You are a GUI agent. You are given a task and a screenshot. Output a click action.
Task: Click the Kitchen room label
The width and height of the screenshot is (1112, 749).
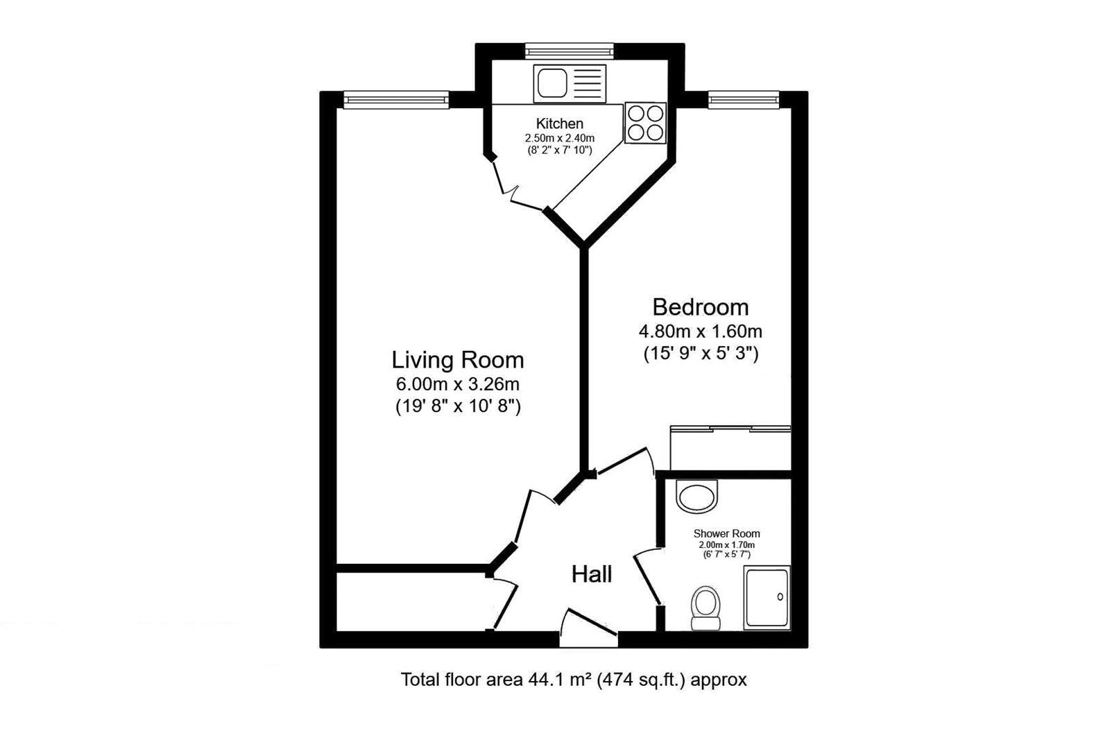(x=560, y=124)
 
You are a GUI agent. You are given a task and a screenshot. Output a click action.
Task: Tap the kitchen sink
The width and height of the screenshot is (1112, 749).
(x=570, y=83)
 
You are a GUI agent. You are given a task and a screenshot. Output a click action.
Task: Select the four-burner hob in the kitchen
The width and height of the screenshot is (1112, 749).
(x=645, y=123)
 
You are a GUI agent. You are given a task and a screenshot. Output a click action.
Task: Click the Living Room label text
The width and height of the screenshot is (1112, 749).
(x=458, y=360)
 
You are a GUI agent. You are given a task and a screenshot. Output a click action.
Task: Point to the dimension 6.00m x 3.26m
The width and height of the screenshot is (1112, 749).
(x=458, y=384)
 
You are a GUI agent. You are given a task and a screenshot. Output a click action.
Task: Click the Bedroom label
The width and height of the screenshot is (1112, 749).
(x=700, y=307)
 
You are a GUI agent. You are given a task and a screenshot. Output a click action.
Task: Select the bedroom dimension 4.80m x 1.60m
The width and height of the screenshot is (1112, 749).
(x=700, y=331)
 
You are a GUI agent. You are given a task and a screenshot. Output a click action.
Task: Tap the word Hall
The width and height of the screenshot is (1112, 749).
(x=592, y=574)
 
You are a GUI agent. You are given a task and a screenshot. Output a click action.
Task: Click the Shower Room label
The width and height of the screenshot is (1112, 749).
(x=726, y=533)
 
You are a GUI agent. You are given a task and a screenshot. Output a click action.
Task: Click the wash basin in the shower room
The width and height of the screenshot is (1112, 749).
(x=697, y=497)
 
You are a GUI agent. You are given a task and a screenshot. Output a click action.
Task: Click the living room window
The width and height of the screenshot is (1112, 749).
(x=396, y=101)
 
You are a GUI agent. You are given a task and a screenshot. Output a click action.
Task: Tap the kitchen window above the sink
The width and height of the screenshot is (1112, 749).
(x=570, y=50)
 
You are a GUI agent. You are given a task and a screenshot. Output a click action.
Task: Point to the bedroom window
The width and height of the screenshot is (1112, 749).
(x=743, y=101)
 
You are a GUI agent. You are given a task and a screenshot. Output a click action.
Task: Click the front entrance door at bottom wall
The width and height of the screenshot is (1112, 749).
(x=589, y=628)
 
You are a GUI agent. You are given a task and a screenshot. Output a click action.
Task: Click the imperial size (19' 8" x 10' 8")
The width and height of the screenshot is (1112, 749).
(x=458, y=407)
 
